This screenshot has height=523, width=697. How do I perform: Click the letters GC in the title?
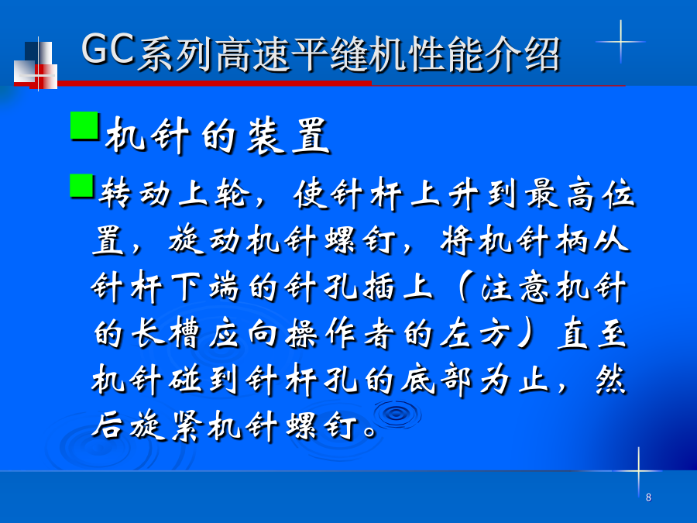point(108,49)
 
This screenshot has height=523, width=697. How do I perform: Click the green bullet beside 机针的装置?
point(84,126)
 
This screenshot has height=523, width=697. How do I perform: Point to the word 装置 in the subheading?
point(288,136)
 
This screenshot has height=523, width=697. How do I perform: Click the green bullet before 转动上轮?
point(82,185)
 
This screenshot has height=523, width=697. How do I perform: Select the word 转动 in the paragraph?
point(135,194)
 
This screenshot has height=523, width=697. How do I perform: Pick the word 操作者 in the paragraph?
point(340,333)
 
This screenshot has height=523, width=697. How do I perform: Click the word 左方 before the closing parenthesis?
point(474,333)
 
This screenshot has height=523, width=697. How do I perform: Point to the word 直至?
point(592,333)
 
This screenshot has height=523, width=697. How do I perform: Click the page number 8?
point(648,497)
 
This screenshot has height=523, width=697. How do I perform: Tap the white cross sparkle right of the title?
point(620,42)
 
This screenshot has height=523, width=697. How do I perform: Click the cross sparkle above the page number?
point(638,470)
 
